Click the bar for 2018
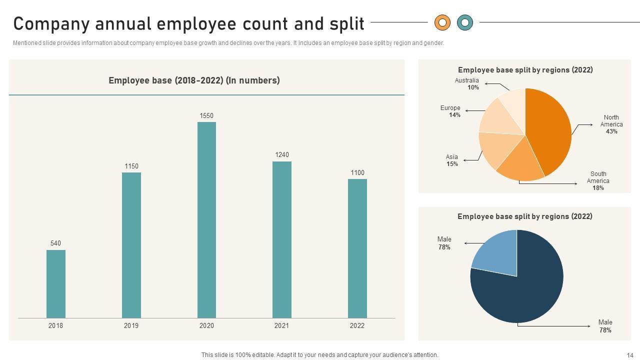coord(55,283)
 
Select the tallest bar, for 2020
coord(206,220)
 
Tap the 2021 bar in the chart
coord(281,239)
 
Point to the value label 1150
coord(131,166)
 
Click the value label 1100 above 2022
coord(357,173)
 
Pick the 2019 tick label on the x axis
coord(131,325)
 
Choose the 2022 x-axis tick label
coord(357,325)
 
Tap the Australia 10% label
coord(466,84)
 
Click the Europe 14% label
coord(450,111)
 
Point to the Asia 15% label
coord(452,160)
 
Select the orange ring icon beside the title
coord(442,22)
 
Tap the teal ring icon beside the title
coord(465,22)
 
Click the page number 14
coord(629,355)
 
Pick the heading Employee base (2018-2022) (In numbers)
coord(194,80)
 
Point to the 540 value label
coord(55,243)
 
